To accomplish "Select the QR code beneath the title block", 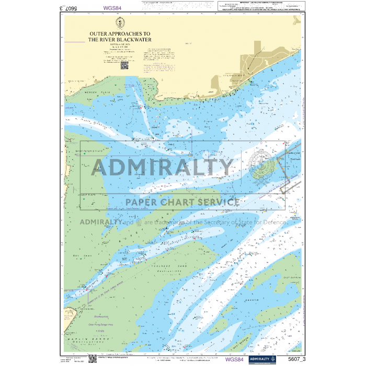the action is point(124,65).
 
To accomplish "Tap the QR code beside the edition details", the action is point(92,358).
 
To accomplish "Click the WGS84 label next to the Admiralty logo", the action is point(234,359).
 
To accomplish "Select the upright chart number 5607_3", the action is point(296,359).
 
